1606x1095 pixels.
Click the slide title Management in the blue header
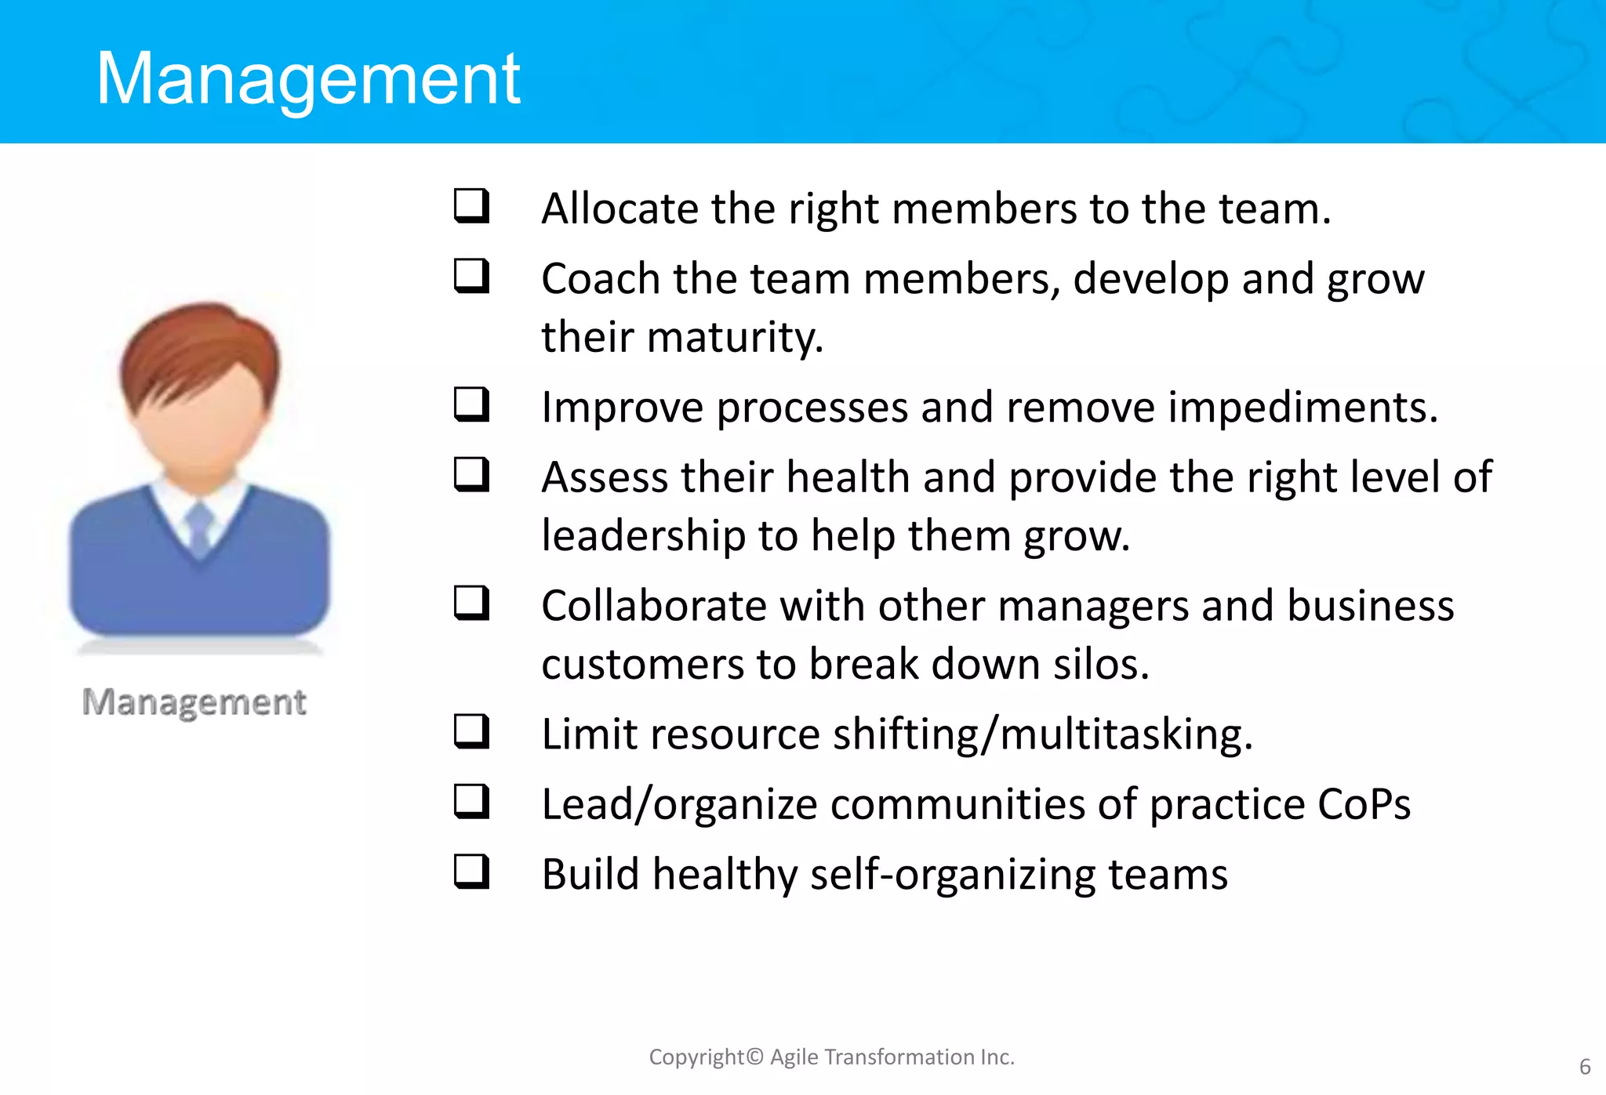tap(307, 78)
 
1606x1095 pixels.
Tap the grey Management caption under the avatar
tap(194, 702)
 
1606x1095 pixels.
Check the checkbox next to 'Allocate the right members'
tap(472, 206)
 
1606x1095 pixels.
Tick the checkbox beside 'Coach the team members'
tap(472, 277)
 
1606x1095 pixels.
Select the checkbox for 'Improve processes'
tap(472, 405)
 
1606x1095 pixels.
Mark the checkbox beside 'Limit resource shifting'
tap(472, 732)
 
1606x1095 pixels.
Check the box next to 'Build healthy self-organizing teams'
tap(472, 872)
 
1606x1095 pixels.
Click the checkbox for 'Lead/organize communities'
tap(472, 802)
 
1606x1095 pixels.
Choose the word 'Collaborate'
tap(653, 607)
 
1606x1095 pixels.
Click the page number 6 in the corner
tap(1584, 1067)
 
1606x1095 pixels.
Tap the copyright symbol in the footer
tap(754, 1057)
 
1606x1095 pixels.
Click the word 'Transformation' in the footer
tap(899, 1057)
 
